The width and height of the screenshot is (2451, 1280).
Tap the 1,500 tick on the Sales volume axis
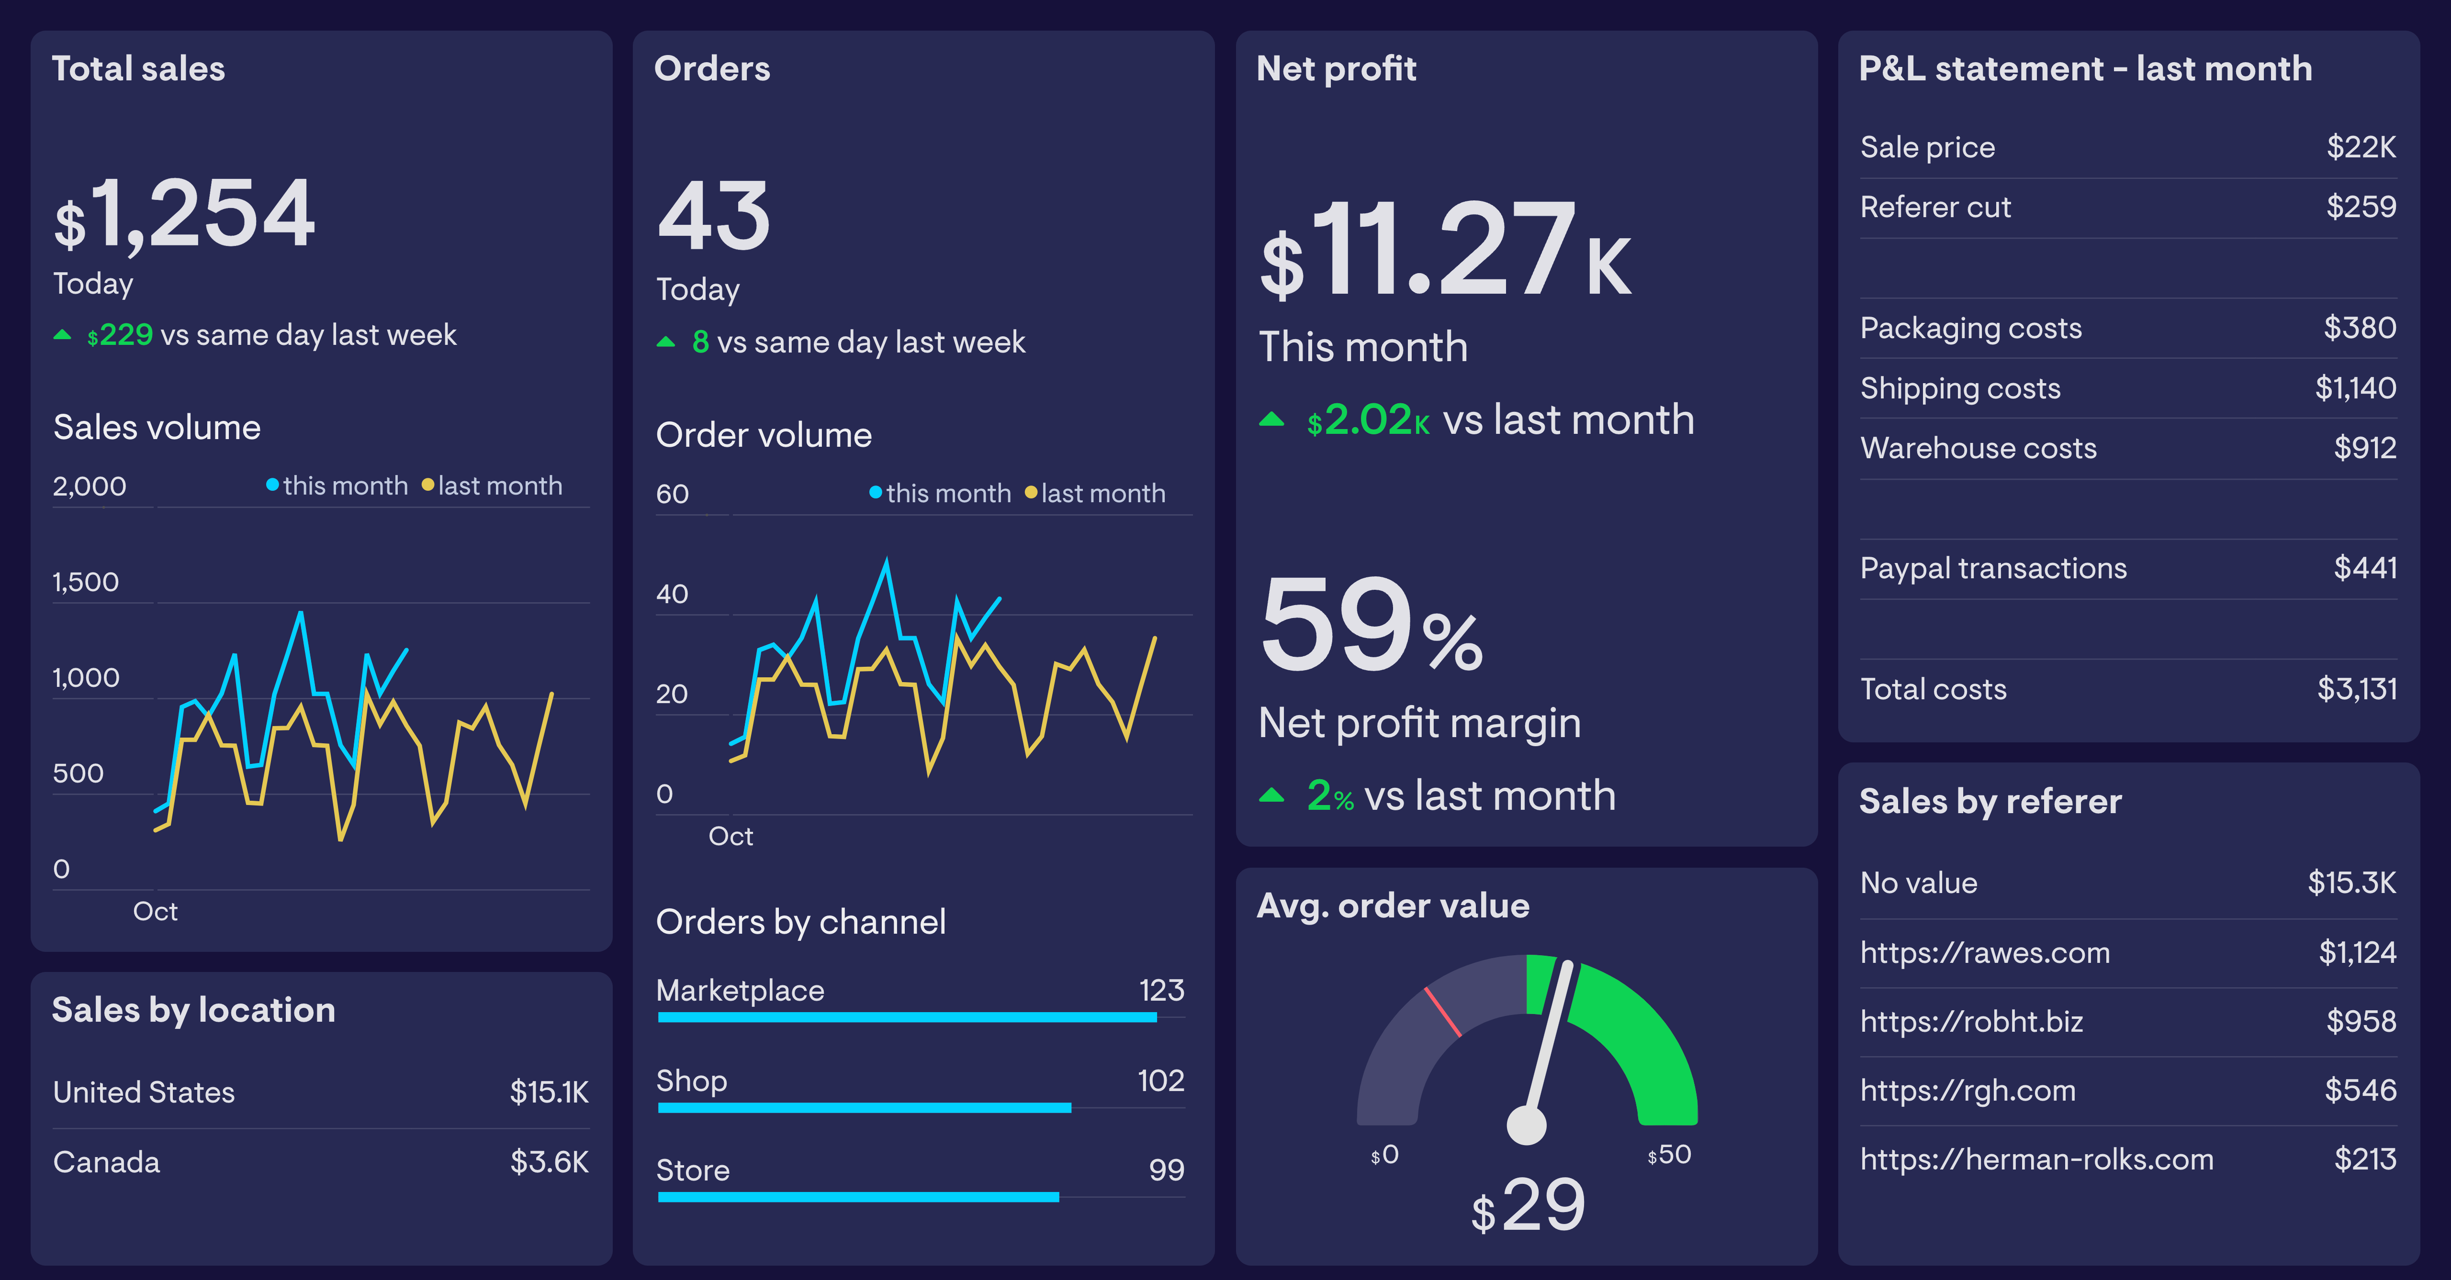pos(86,582)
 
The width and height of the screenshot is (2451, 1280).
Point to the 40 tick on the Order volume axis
pos(672,595)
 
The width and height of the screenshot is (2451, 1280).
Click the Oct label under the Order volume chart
pos(731,836)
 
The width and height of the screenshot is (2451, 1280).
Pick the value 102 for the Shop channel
pos(1161,1080)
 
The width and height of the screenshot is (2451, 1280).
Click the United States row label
pos(144,1092)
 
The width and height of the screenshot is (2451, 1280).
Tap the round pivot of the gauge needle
pos(1527,1125)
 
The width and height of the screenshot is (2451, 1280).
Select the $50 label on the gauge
pos(1670,1155)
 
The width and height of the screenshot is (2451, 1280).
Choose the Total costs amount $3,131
pos(2357,688)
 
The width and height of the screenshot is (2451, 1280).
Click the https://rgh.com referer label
pos(1968,1090)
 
